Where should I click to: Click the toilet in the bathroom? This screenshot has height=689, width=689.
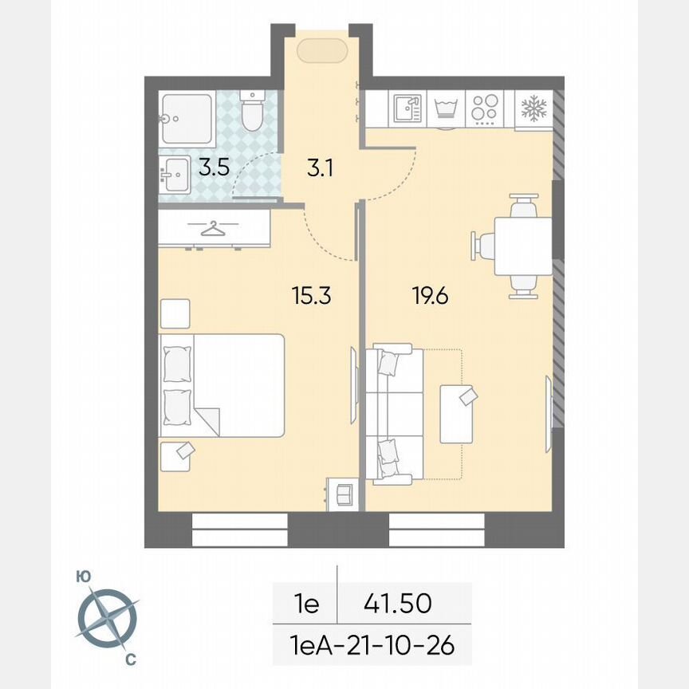[x=252, y=112]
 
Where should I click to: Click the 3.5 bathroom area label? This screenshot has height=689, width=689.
[x=213, y=168]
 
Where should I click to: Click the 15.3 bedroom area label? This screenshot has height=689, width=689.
[x=310, y=297]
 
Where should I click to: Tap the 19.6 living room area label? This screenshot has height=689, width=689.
[x=430, y=297]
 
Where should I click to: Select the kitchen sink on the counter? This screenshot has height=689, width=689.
[x=407, y=109]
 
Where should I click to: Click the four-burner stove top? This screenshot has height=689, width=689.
[x=484, y=109]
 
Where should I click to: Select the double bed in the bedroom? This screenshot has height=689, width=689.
[x=222, y=385]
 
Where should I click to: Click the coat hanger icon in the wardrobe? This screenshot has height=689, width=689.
[x=213, y=230]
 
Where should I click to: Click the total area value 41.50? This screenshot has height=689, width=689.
[x=398, y=604]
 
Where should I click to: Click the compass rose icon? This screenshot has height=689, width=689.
[x=107, y=618]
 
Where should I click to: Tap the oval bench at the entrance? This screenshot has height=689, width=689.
[x=322, y=51]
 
